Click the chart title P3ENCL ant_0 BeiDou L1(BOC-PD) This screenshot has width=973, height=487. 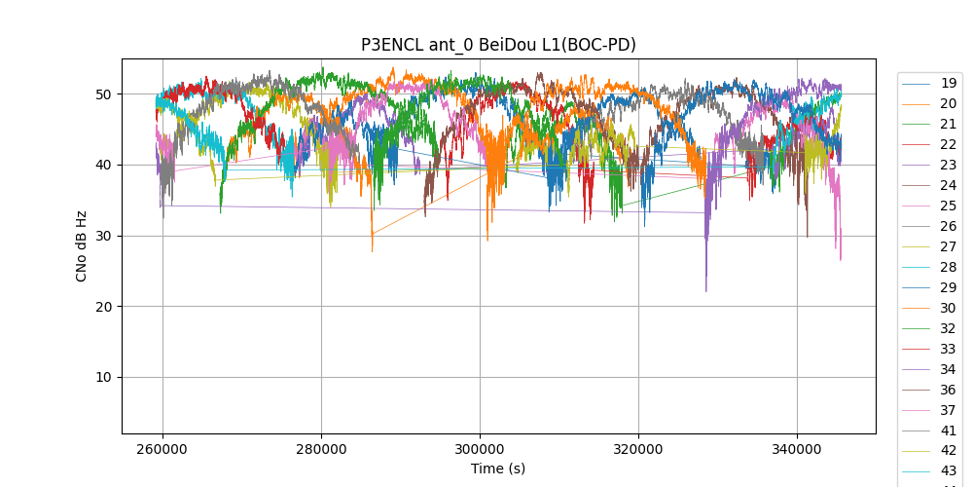coord(498,45)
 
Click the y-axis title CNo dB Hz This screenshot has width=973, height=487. coord(81,245)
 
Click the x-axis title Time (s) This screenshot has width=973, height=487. coord(498,468)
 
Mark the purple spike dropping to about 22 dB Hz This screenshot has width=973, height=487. coord(706,288)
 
